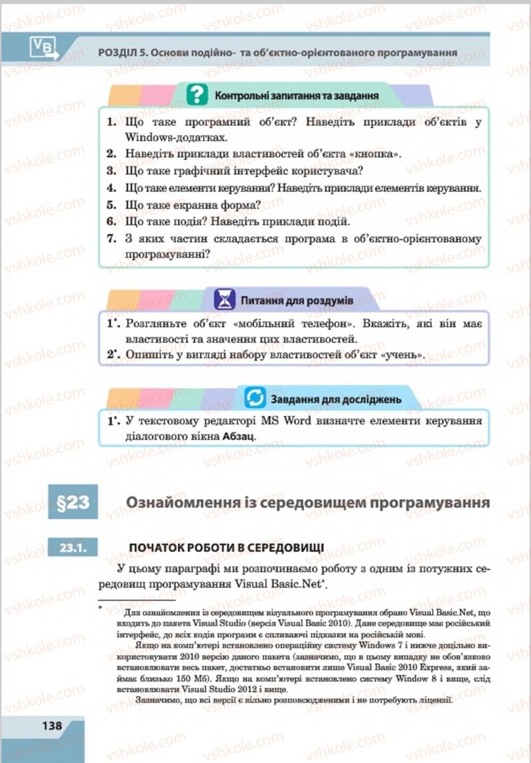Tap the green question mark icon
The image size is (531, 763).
point(196,95)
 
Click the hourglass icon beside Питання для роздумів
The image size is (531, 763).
point(226,299)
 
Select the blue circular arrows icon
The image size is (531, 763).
point(254,398)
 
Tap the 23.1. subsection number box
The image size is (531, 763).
point(72,547)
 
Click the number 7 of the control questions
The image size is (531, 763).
point(111,238)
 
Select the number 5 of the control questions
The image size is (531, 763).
point(111,204)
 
